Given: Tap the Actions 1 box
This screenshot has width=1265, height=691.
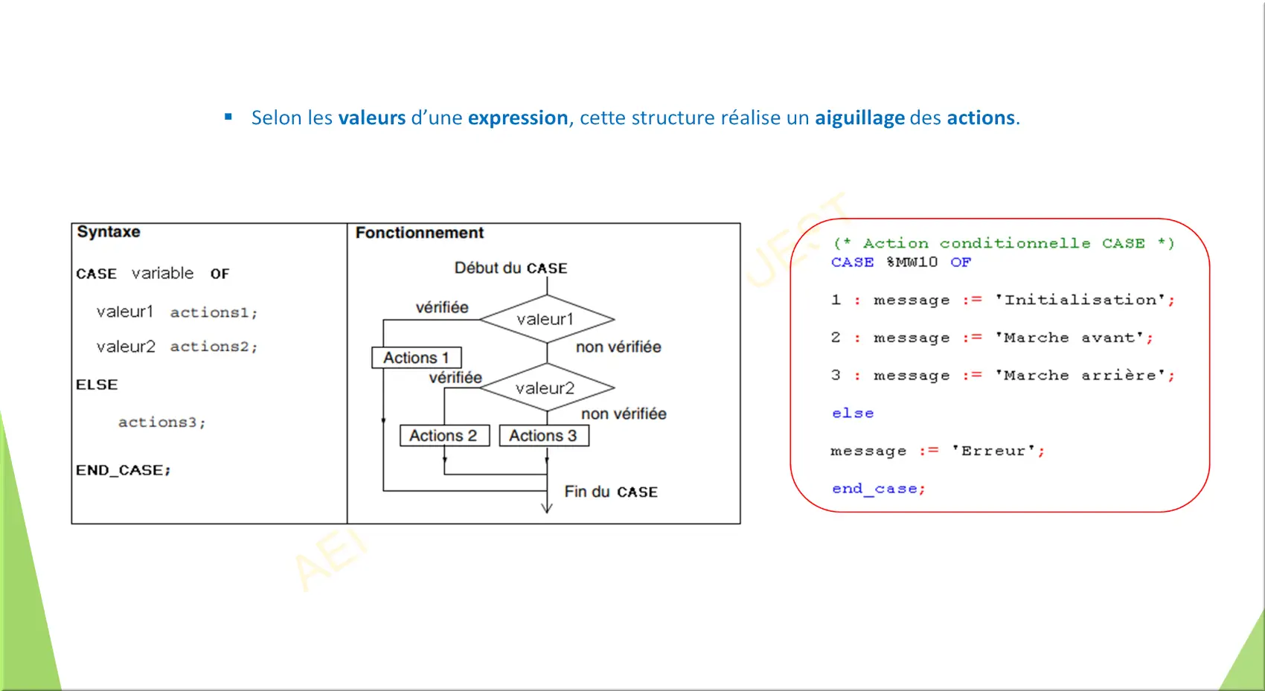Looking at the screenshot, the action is [x=416, y=358].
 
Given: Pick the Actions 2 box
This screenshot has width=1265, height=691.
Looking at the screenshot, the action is [x=444, y=436].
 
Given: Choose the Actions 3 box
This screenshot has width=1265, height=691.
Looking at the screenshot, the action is [x=544, y=436].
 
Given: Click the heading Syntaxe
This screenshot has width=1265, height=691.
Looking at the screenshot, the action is [x=109, y=232].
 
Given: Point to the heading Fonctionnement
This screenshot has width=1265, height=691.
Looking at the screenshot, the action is [x=420, y=233].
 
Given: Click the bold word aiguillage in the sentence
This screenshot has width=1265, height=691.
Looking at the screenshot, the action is [x=859, y=118].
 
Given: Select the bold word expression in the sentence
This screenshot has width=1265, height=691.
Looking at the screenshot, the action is [x=518, y=118].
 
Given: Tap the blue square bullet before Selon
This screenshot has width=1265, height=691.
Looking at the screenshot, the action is [x=228, y=117].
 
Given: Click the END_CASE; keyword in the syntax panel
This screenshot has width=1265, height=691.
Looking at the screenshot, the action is [x=123, y=470].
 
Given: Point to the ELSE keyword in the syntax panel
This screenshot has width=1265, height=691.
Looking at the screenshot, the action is [x=97, y=385].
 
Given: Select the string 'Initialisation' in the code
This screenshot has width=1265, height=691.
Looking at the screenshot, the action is [x=1080, y=300].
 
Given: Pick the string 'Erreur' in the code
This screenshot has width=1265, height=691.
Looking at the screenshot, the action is [x=993, y=451].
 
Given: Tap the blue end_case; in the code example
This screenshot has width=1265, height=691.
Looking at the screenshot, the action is [x=879, y=489].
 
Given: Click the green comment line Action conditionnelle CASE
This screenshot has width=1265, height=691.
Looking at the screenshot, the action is [x=1004, y=243].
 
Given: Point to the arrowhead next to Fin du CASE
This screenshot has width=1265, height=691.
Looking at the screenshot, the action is [x=547, y=507].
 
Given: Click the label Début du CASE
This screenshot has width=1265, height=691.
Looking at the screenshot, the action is [x=510, y=269].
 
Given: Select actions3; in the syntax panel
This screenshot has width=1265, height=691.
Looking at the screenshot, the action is [x=162, y=422].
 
